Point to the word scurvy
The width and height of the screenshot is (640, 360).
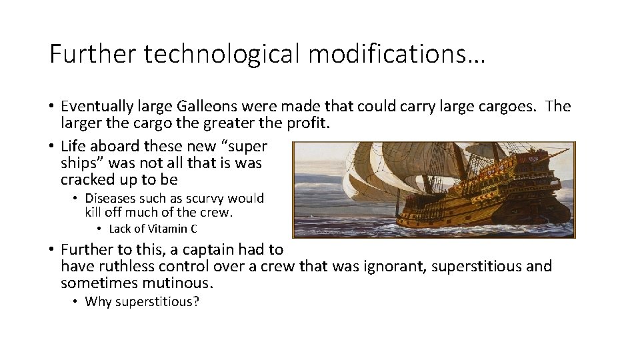(204, 199)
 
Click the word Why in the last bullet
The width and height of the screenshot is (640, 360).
(99, 301)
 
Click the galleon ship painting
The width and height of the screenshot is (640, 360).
(434, 189)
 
